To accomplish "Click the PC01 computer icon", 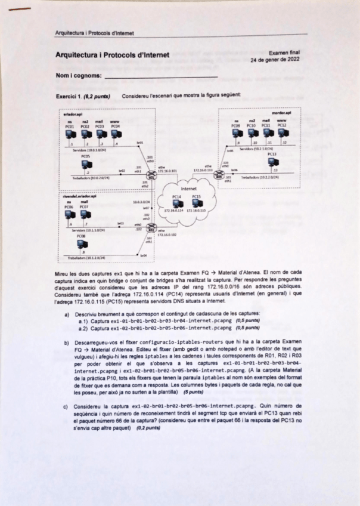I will pos(70,134).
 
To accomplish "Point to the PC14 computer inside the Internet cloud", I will pos(176,203).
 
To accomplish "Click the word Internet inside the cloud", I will pos(188,188).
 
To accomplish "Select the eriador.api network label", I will pos(73,114).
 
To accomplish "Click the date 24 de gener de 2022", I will pos(275,60).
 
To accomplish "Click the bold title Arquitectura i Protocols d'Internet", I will pos(112,55).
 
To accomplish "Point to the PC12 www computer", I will pos(282,134).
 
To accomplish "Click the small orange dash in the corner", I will pos(23,9).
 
